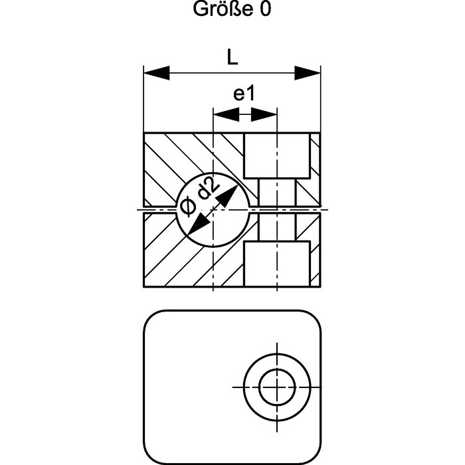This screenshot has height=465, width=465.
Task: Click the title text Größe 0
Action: tap(232, 9)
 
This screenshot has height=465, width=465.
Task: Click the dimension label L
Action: tap(232, 57)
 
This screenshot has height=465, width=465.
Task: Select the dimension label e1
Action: tap(244, 94)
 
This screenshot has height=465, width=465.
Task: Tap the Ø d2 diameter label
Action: tap(199, 196)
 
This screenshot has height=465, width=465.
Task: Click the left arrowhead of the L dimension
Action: tap(157, 73)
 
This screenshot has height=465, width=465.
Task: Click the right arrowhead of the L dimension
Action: tap(308, 73)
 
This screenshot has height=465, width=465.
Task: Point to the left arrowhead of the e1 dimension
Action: tap(227, 114)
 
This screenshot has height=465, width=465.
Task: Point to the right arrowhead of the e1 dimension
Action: tap(264, 114)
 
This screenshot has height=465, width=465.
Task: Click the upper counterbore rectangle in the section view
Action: tap(277, 155)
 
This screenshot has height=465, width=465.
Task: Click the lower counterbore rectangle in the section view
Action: tap(277, 264)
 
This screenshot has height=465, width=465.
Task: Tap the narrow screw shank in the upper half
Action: tap(277, 193)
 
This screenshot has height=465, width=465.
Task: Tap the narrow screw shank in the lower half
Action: tap(277, 227)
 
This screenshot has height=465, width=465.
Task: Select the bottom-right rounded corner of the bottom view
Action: tap(315, 457)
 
